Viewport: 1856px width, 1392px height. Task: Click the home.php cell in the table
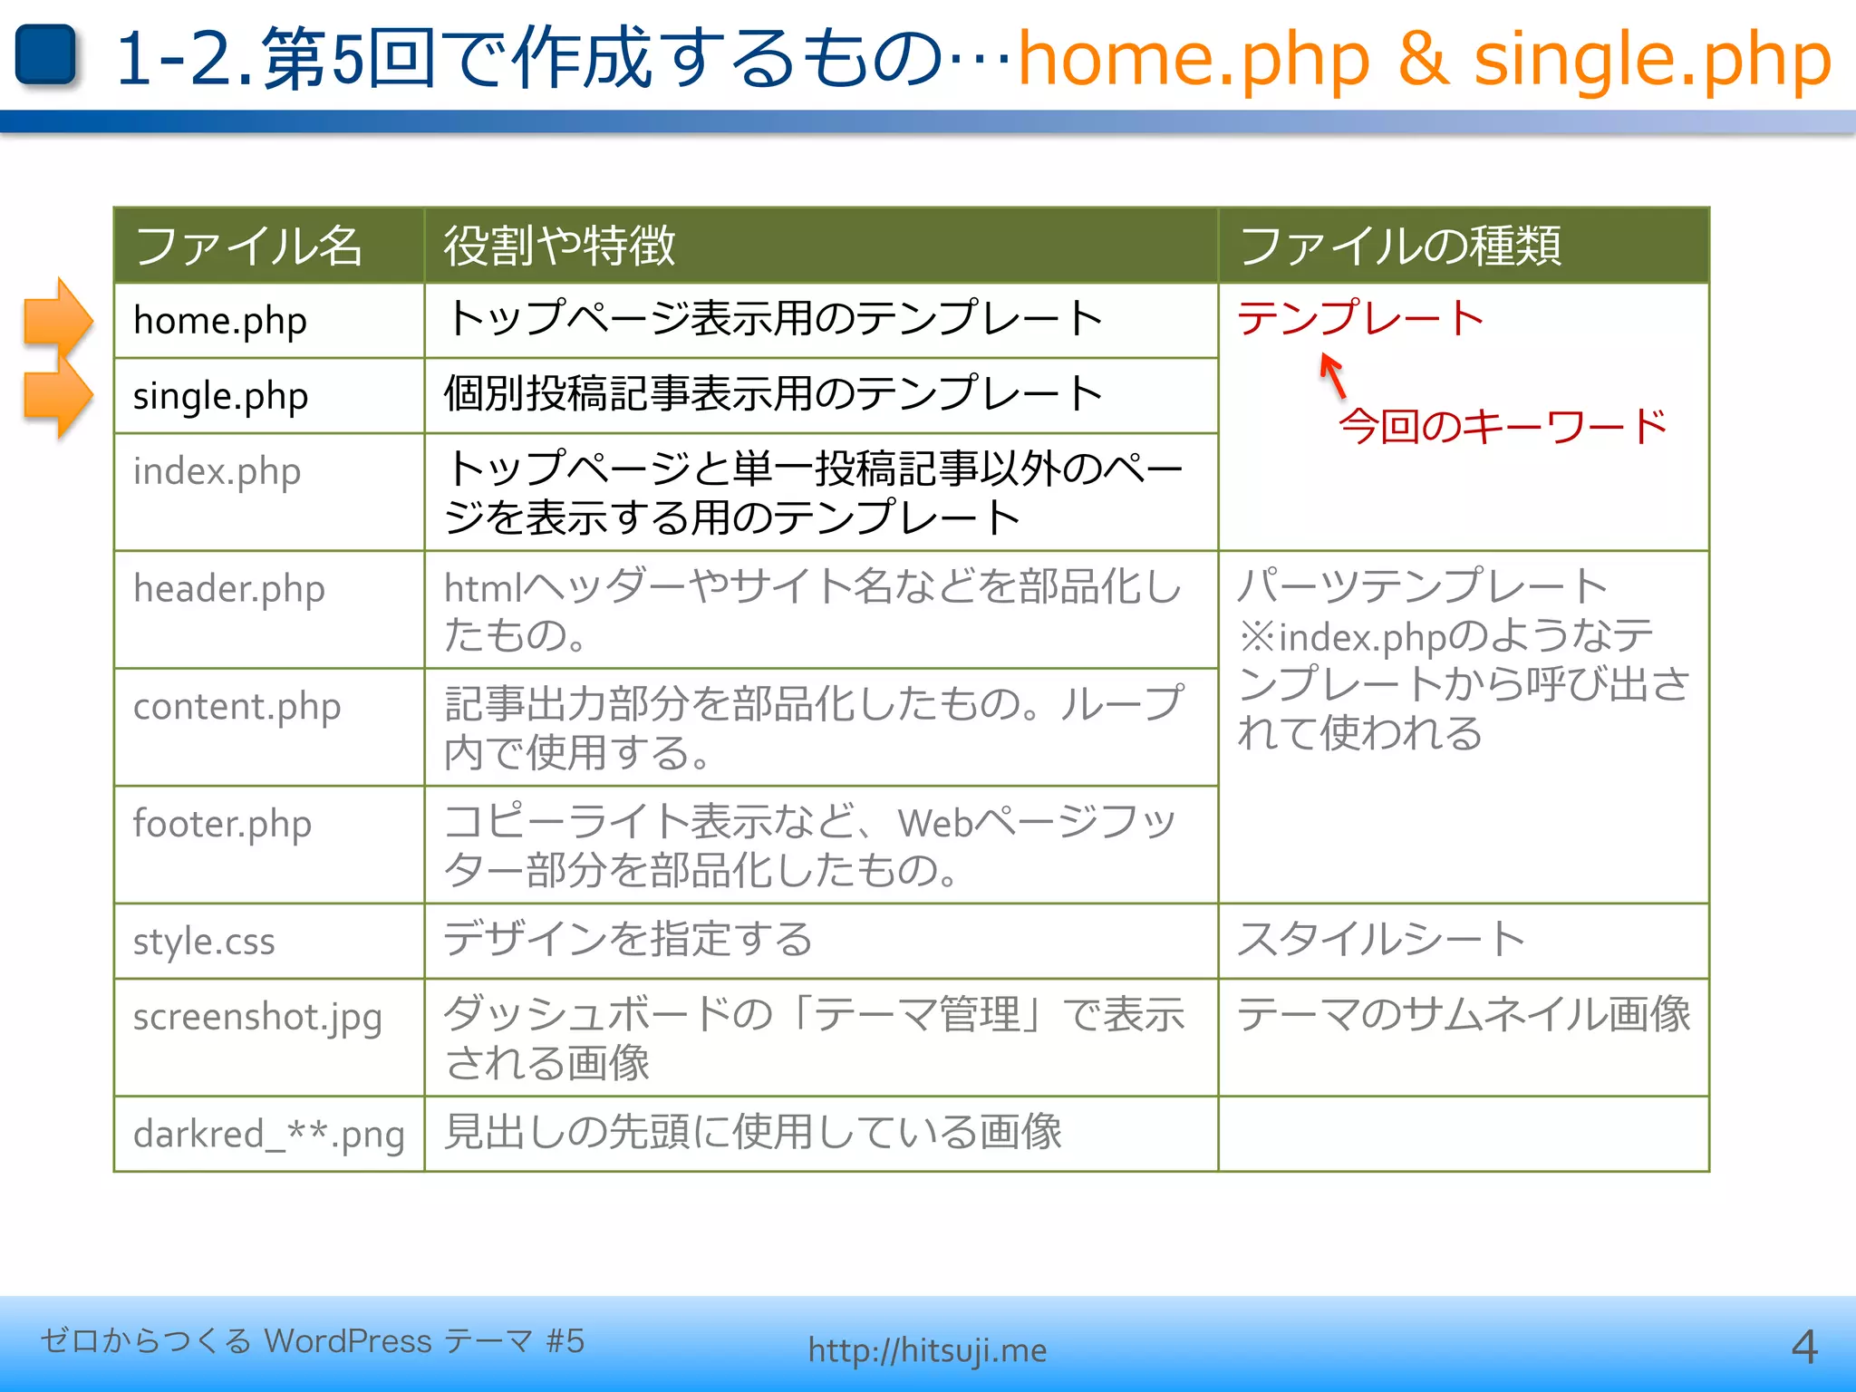tap(220, 321)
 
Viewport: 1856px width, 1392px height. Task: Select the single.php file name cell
tap(220, 396)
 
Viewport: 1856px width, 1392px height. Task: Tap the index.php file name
tap(217, 471)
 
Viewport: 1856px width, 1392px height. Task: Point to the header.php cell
tap(228, 589)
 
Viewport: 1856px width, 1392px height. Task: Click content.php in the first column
tap(237, 707)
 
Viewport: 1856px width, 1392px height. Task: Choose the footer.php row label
tap(222, 824)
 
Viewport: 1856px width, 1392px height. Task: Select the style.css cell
tap(204, 942)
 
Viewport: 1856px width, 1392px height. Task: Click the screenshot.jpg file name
tap(257, 1017)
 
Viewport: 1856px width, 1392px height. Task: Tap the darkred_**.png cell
tap(268, 1134)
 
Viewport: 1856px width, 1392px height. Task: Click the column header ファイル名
tap(248, 246)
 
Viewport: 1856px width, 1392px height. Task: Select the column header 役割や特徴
tap(559, 246)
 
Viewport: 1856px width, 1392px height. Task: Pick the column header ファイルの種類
tap(1399, 246)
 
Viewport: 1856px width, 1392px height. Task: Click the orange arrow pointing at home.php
tap(57, 319)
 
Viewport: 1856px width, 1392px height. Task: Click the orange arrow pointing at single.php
tap(57, 396)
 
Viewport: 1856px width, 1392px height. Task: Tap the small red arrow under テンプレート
tap(1332, 374)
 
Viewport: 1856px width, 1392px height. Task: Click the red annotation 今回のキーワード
tap(1502, 426)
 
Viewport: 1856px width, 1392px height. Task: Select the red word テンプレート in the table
tap(1359, 318)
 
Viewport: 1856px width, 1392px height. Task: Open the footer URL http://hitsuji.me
tap(927, 1350)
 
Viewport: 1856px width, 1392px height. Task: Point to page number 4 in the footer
tap(1803, 1348)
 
